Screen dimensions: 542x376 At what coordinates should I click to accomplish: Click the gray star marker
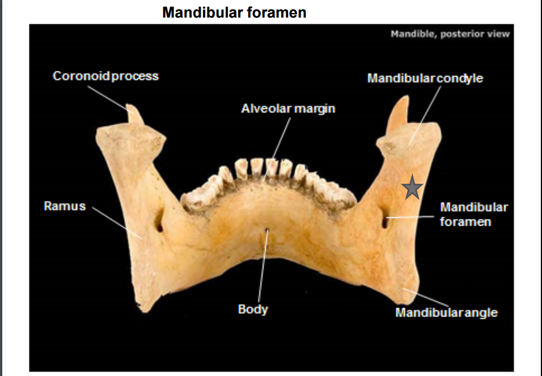413,188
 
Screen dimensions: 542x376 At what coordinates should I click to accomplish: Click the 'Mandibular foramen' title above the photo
234,12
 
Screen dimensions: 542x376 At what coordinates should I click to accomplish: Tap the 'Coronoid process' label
105,76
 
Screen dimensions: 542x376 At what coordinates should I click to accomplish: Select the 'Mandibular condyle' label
425,78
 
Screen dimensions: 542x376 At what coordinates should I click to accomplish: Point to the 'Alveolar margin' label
288,108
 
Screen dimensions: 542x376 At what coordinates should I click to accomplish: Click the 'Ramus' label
65,206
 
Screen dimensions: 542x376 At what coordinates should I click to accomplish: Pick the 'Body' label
253,310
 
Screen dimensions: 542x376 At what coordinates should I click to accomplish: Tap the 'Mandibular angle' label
446,312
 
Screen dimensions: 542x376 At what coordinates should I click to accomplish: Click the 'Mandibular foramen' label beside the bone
473,214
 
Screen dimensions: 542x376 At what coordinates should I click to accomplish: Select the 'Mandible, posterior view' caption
450,34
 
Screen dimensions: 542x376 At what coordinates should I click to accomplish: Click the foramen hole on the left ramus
160,223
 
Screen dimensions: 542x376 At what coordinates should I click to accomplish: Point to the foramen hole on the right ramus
384,221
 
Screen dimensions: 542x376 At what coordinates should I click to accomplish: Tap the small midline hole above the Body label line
265,230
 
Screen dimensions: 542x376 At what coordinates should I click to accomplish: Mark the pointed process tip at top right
405,100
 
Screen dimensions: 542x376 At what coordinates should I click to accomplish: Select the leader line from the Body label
262,267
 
